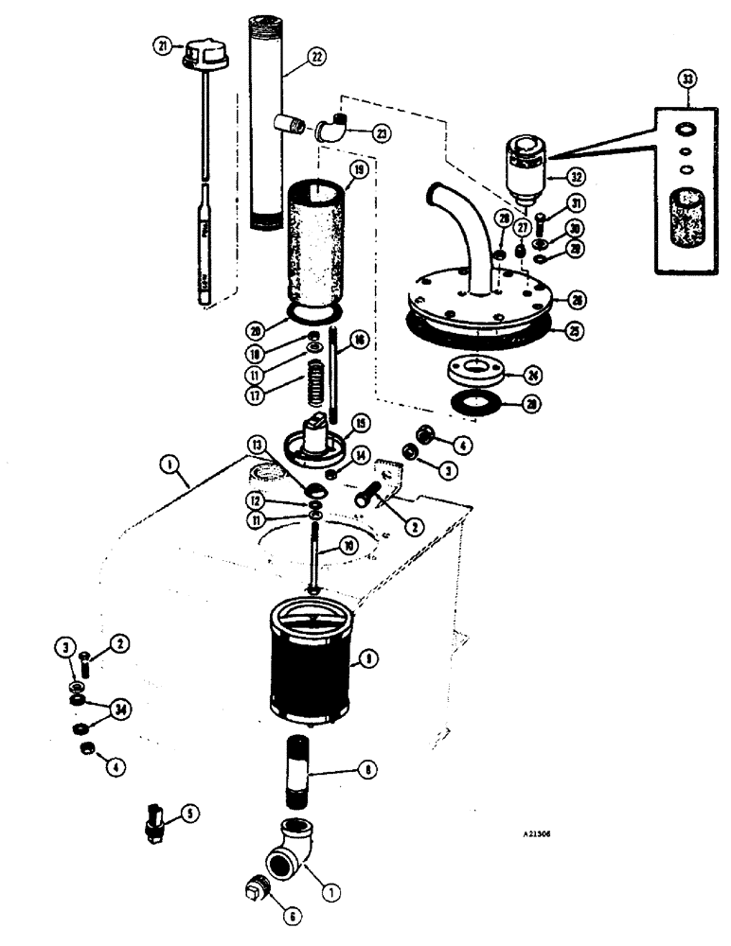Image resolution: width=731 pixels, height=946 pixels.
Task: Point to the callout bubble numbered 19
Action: click(357, 172)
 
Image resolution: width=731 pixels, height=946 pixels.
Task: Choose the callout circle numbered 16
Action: click(358, 340)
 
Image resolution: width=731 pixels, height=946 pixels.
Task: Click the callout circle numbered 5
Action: click(193, 812)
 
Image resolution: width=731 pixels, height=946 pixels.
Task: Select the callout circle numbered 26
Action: click(574, 302)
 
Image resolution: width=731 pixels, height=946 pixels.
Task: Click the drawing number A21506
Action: click(530, 836)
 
